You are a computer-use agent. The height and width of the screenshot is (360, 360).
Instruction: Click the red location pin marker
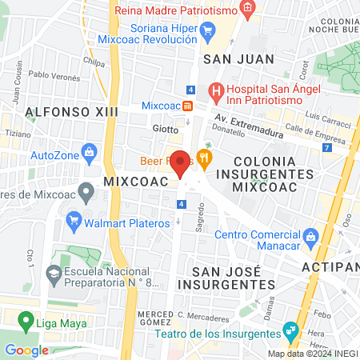181,162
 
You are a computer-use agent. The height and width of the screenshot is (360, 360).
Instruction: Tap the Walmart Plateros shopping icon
74,219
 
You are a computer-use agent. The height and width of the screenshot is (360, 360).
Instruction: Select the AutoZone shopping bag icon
90,151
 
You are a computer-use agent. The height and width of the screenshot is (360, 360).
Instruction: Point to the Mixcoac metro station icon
187,106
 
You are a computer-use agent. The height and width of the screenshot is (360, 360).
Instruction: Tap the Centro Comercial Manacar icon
310,235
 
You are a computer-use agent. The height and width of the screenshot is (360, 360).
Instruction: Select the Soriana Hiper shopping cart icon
209,33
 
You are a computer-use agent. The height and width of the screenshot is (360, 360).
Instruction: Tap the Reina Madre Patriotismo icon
248,10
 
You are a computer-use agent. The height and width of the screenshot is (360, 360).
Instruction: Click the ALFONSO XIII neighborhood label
70,111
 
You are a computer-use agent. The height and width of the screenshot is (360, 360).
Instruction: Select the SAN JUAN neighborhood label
238,58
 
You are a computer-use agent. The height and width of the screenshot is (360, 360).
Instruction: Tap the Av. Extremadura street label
244,118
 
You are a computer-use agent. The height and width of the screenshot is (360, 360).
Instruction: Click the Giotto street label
166,128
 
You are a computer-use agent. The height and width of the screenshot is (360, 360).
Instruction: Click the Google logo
26,349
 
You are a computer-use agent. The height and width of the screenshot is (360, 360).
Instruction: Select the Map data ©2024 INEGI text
313,354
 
